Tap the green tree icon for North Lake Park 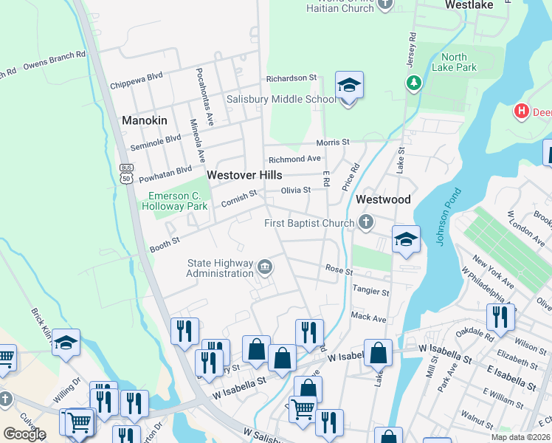[413, 81]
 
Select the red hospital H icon [522, 111]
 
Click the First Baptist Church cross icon [365, 221]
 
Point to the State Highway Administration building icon [265, 267]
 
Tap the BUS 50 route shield [126, 174]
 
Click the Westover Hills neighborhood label [244, 175]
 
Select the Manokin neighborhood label [144, 120]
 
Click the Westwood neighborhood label [383, 200]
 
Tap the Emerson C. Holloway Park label [179, 201]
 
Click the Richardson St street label [291, 77]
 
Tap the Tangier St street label [370, 292]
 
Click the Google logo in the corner [24, 434]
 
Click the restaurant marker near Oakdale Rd [501, 317]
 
